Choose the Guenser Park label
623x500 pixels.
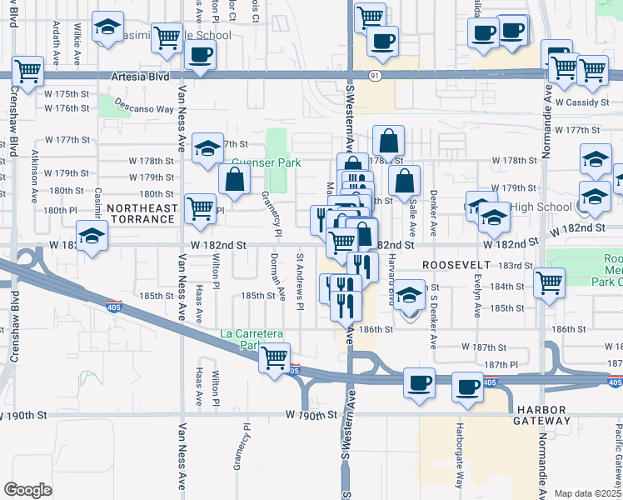tap(266, 163)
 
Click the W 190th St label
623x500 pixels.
tap(311, 414)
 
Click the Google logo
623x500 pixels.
tap(27, 489)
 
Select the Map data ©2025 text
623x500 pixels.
tap(587, 493)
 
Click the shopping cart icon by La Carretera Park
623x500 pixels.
tap(274, 359)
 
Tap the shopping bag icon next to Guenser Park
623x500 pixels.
tap(236, 177)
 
